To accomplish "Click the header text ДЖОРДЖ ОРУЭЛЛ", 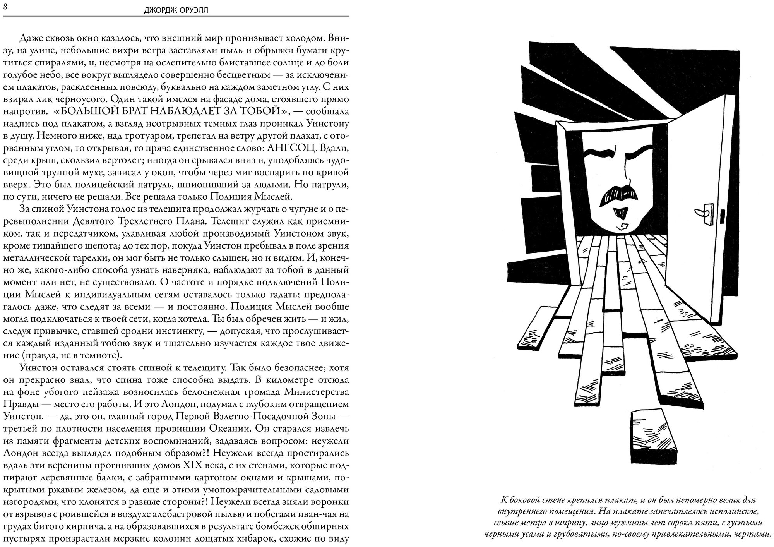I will tap(176, 10).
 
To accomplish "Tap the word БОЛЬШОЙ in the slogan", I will tap(92, 111).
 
